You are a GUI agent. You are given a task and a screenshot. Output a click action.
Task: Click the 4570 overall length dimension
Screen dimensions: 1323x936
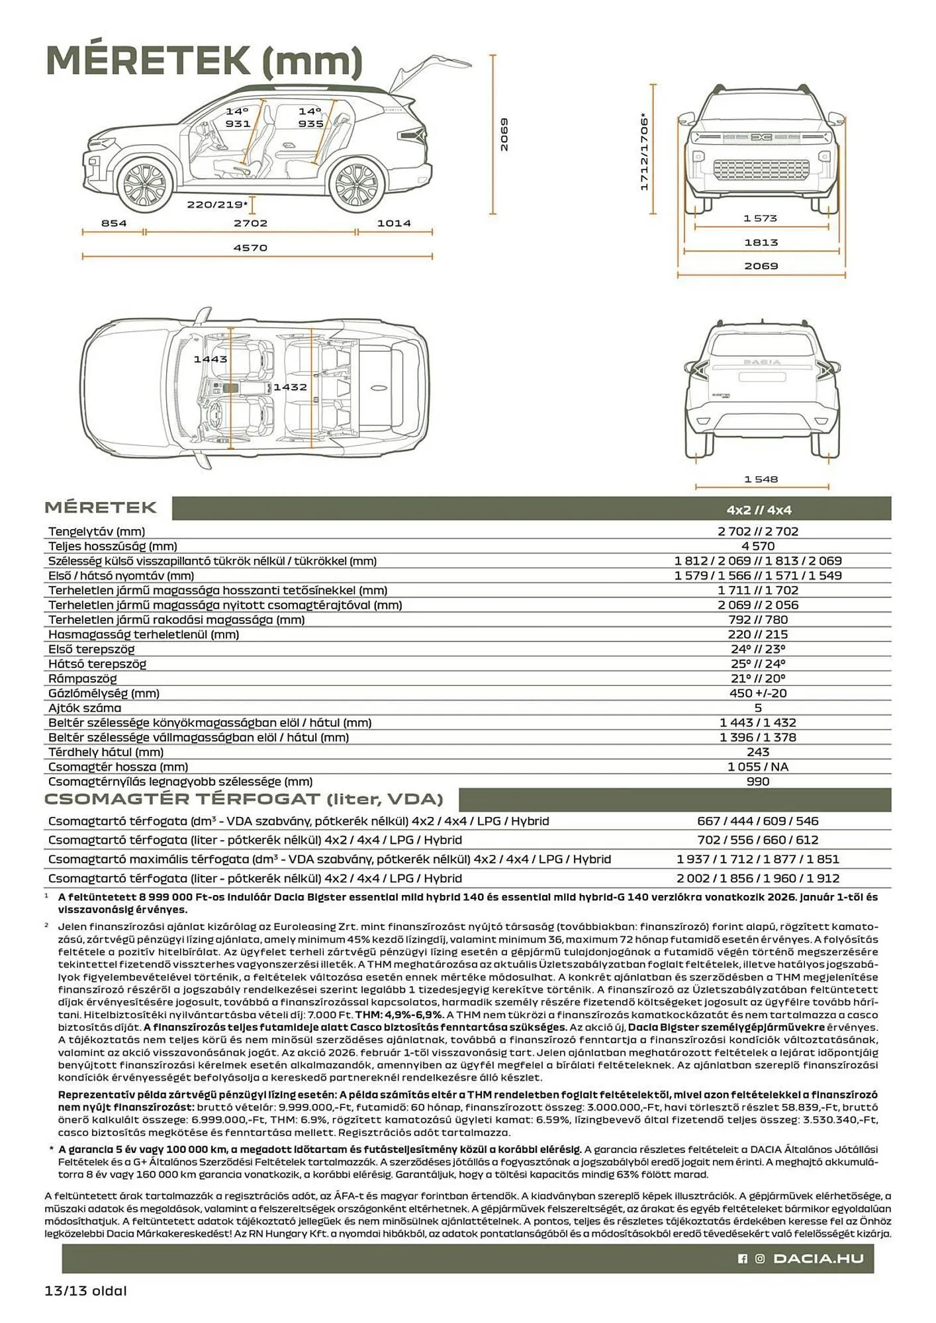tap(250, 248)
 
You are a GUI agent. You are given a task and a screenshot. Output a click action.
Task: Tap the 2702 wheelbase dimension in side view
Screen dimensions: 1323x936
tap(250, 224)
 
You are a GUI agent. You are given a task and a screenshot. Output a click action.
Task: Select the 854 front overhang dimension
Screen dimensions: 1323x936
tap(114, 224)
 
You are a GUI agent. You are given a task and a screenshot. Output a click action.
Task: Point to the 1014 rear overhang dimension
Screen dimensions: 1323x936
tap(394, 224)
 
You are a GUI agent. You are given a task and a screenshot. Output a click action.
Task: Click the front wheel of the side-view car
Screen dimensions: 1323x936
tap(145, 186)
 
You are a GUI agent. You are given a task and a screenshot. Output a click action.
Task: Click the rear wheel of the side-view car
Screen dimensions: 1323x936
tap(357, 187)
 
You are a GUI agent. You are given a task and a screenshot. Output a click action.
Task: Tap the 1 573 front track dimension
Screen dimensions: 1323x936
tap(760, 218)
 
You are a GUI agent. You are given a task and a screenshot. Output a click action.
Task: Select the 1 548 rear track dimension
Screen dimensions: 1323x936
tap(761, 479)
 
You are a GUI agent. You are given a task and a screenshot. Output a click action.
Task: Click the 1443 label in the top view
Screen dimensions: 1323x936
tap(211, 359)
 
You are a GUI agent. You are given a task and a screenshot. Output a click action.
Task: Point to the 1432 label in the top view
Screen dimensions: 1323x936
tap(290, 387)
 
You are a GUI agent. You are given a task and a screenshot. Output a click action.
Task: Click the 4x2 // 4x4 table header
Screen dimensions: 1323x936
tap(759, 510)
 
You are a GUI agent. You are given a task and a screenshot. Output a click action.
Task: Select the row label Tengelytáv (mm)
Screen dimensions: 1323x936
tap(97, 531)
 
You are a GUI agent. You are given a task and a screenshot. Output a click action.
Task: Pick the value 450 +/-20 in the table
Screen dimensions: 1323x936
tap(758, 693)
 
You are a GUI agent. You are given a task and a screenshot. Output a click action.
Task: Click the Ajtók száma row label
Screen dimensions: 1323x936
tap(85, 708)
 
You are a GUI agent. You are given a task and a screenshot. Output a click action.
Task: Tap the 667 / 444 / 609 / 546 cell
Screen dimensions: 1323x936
tap(758, 821)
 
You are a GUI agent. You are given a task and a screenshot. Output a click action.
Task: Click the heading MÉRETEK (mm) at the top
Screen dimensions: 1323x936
tap(204, 61)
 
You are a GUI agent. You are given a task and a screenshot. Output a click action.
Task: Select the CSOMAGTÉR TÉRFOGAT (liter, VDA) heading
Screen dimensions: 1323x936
tap(244, 799)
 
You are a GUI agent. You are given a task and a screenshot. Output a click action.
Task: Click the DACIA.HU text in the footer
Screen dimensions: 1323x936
tap(819, 1258)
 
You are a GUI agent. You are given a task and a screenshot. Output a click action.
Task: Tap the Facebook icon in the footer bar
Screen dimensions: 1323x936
tap(743, 1259)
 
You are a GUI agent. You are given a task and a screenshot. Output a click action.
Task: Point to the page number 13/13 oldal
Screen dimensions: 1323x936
tap(85, 1291)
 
